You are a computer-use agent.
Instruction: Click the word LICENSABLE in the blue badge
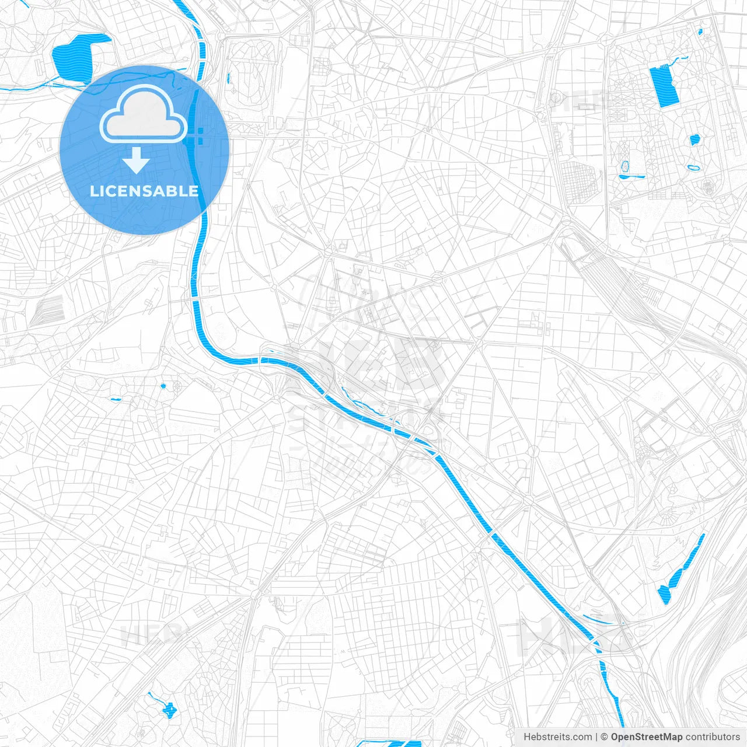(x=144, y=191)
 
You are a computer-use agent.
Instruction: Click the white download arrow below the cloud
(x=136, y=160)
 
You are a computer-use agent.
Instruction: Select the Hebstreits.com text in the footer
(x=557, y=737)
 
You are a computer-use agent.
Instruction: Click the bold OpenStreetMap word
(x=647, y=737)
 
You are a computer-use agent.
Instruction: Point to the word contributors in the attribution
(x=713, y=737)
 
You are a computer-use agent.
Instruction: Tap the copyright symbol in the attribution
(x=605, y=737)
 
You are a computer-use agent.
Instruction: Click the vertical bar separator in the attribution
(x=596, y=737)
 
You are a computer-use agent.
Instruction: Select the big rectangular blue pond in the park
(x=664, y=86)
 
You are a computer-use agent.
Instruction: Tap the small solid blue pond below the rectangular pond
(x=694, y=140)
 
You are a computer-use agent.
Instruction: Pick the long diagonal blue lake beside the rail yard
(x=682, y=568)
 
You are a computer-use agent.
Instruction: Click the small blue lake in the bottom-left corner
(x=169, y=710)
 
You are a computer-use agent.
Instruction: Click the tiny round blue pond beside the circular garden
(x=163, y=386)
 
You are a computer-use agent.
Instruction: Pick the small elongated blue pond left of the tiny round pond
(x=115, y=400)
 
